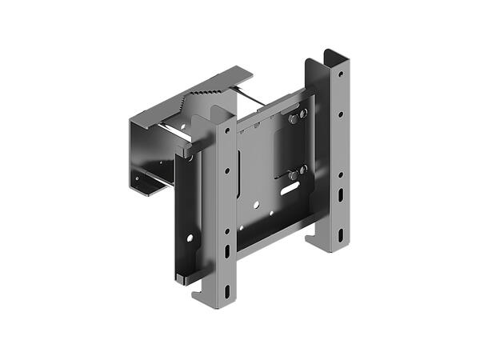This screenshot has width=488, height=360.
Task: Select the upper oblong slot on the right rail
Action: [x=342, y=194]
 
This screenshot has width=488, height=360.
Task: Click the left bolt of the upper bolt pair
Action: [x=294, y=119]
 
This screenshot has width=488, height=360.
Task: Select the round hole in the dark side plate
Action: [x=190, y=238]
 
